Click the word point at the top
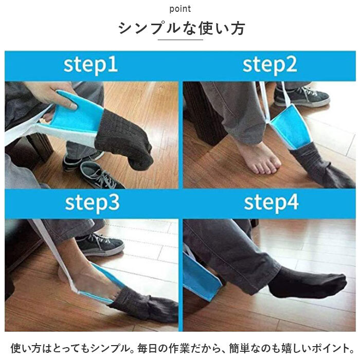(x=180, y=9)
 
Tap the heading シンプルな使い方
(x=182, y=29)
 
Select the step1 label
(x=91, y=65)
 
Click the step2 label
(x=270, y=65)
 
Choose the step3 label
(x=92, y=203)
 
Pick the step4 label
(x=271, y=203)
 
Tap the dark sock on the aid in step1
(x=124, y=140)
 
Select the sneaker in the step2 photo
(x=302, y=96)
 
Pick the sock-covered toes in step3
(x=147, y=307)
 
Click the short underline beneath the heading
(x=180, y=40)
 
